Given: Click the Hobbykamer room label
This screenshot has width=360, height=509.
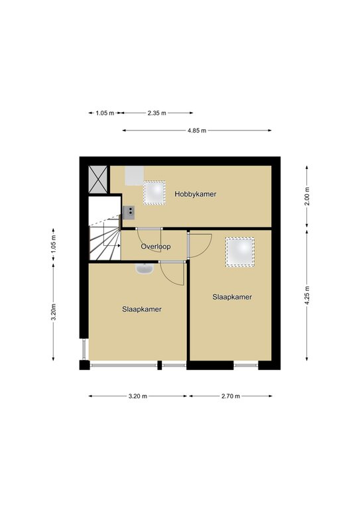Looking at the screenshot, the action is (195, 194).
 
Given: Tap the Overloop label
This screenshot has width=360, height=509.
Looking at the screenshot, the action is (156, 247).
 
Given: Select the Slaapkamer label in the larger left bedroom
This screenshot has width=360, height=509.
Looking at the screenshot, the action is (142, 310).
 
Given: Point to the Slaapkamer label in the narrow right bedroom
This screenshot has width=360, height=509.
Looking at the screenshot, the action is (232, 297).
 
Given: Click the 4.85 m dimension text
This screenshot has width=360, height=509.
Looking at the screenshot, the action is (197, 131).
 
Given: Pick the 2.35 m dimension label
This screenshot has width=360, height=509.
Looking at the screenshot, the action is (156, 113).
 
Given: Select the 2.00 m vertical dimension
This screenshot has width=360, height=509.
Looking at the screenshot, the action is (307, 196).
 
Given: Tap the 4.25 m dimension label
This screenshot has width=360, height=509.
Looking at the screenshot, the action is (307, 295).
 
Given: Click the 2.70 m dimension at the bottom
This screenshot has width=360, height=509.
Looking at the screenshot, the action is (231, 396).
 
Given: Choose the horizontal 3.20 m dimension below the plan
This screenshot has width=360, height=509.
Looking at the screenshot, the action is (138, 396).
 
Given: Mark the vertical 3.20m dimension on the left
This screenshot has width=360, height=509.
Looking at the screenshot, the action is (54, 312).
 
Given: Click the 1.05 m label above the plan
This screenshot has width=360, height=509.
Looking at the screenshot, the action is (105, 113).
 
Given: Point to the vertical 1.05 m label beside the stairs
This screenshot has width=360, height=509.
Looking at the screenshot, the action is (54, 244).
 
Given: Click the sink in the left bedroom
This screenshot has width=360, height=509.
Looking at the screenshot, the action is (145, 269).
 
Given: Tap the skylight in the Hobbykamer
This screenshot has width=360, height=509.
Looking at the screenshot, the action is (154, 192).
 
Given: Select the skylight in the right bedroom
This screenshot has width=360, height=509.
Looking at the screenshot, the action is (240, 253).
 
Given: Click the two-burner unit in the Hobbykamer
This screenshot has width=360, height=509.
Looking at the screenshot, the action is (129, 212).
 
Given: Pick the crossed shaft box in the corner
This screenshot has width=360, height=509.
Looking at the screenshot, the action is (97, 179).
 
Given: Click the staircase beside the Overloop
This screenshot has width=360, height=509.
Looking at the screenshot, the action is (105, 237).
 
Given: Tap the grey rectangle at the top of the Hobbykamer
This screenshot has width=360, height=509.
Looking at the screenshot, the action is (135, 176).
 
